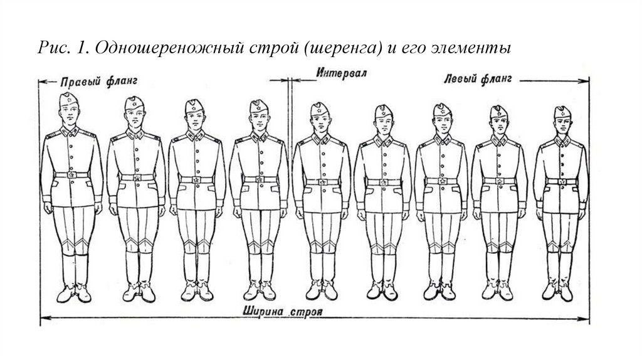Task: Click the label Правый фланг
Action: [99, 82]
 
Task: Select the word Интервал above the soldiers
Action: [342, 73]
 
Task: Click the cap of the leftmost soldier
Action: [68, 98]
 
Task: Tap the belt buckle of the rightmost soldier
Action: [562, 182]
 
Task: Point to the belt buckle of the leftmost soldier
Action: [71, 176]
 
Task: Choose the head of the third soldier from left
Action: [195, 114]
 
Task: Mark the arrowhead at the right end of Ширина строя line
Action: [587, 320]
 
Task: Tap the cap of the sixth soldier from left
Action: [382, 111]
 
